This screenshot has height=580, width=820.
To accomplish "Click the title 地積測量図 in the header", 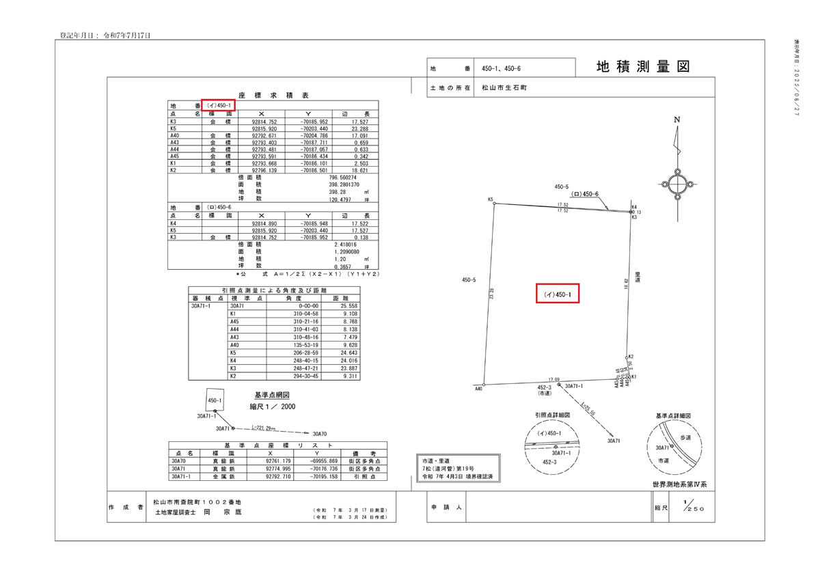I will coord(642,67).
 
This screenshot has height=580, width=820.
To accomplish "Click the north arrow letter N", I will coord(677,120).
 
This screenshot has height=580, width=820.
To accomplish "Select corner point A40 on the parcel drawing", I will coord(484,384).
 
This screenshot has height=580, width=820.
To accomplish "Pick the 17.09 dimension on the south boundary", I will coord(554,379).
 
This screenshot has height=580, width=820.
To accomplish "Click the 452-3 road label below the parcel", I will coord(544,387).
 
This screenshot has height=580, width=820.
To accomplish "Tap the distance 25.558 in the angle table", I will coord(340,307).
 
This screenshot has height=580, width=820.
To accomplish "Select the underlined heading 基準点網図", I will coord(272,395).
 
